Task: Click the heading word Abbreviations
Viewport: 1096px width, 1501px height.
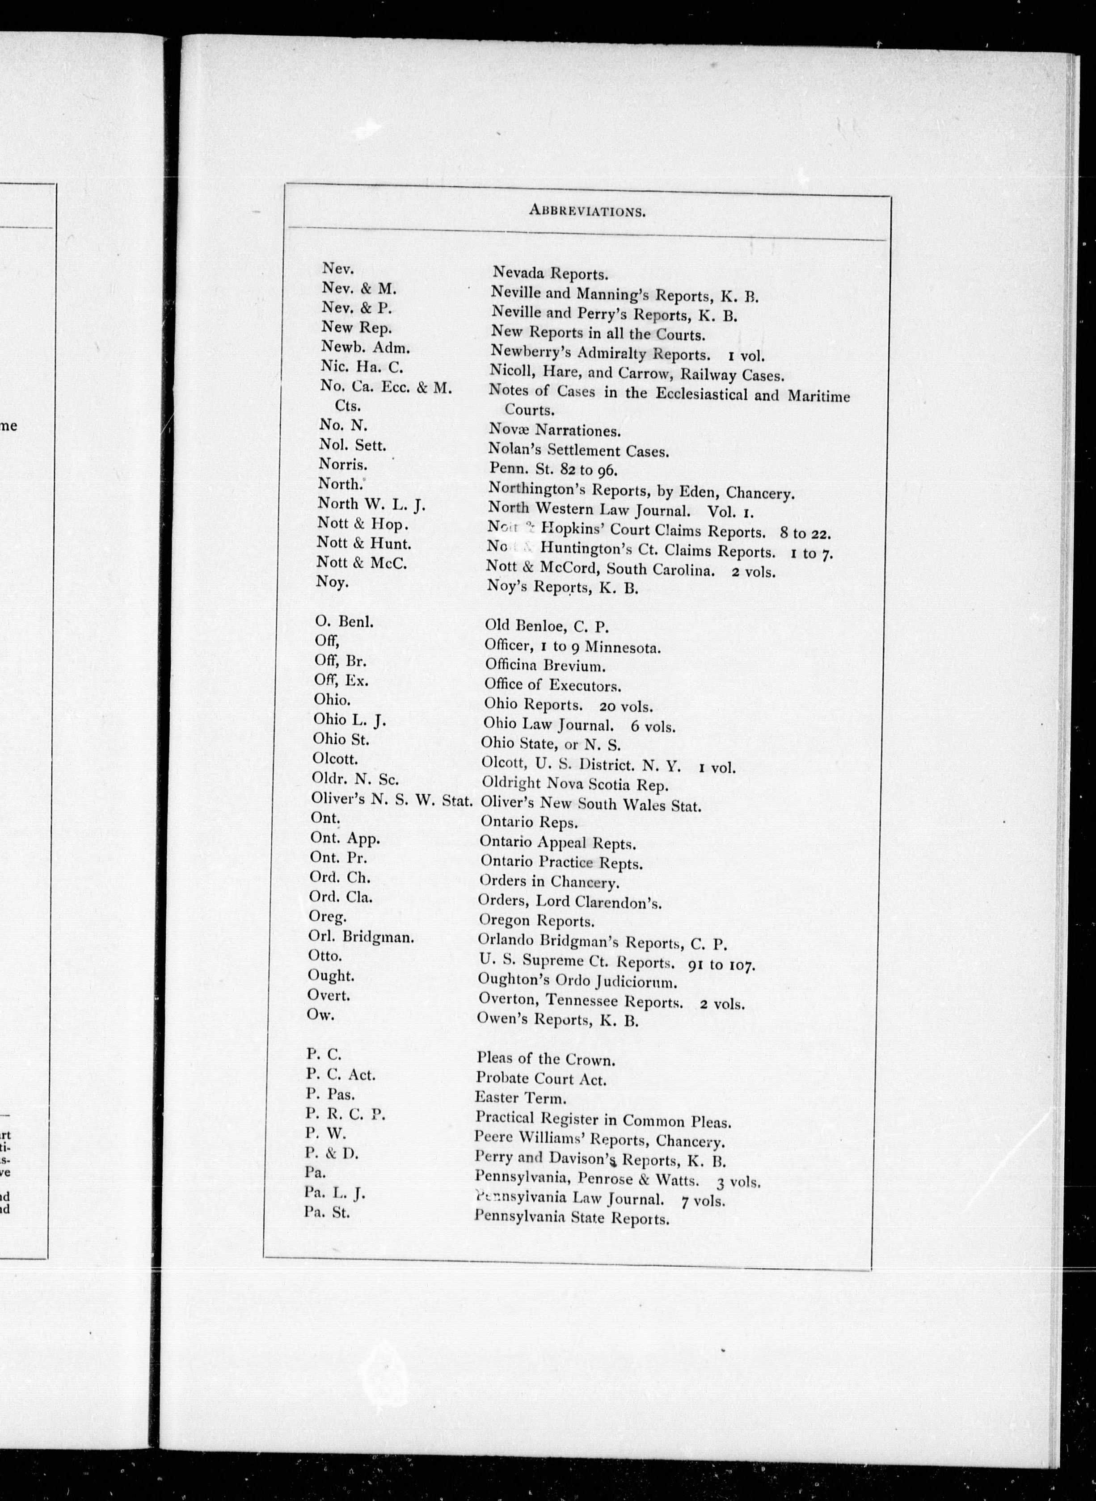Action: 587,211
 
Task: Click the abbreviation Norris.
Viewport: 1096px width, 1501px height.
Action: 342,464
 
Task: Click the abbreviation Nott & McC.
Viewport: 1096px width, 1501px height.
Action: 362,563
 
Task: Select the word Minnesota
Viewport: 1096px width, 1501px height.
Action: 622,647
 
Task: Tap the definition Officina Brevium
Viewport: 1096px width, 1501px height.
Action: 545,666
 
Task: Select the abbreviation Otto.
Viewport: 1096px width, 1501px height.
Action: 325,956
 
